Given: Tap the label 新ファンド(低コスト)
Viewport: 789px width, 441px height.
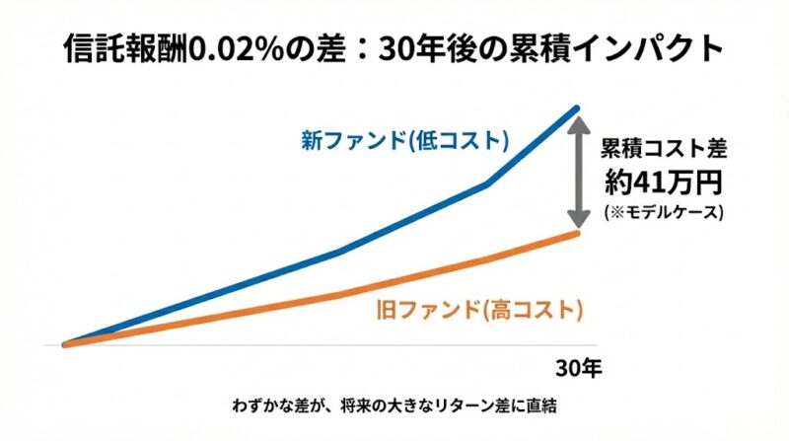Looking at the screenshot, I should pyautogui.click(x=404, y=140).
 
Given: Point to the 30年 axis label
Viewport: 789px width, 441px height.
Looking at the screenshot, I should pyautogui.click(x=576, y=369).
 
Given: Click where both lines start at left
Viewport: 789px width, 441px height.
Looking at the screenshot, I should pyautogui.click(x=65, y=344).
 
